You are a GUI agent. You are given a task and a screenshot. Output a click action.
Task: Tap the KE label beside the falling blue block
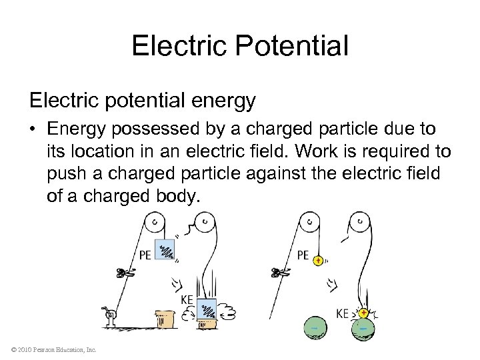[x=187, y=300]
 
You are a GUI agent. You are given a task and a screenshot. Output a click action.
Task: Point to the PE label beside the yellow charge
[x=303, y=254]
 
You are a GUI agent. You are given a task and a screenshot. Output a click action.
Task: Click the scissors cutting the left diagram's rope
[x=125, y=272]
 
